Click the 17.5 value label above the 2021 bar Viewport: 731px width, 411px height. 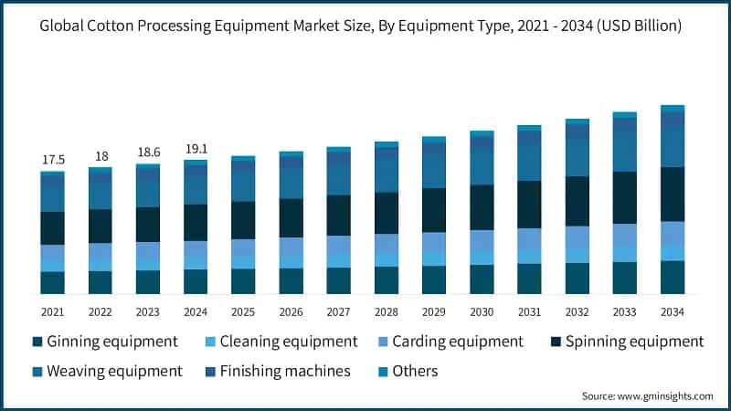pyautogui.click(x=53, y=160)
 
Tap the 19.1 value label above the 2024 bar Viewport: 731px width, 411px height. pyautogui.click(x=196, y=149)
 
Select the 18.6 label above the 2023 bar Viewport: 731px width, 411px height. pyautogui.click(x=148, y=153)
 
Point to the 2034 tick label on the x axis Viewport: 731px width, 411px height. pyautogui.click(x=673, y=311)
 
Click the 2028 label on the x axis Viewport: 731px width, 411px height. pyautogui.click(x=387, y=311)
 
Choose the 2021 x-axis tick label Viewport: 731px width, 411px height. pyautogui.click(x=53, y=311)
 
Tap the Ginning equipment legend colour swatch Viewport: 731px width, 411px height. pyautogui.click(x=37, y=342)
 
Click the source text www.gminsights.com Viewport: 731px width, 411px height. pyautogui.click(x=666, y=395)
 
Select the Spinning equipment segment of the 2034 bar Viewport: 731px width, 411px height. pyautogui.click(x=673, y=194)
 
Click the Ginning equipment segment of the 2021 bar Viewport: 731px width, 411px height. pyautogui.click(x=53, y=282)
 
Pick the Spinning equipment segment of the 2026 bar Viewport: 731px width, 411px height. pyautogui.click(x=291, y=217)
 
